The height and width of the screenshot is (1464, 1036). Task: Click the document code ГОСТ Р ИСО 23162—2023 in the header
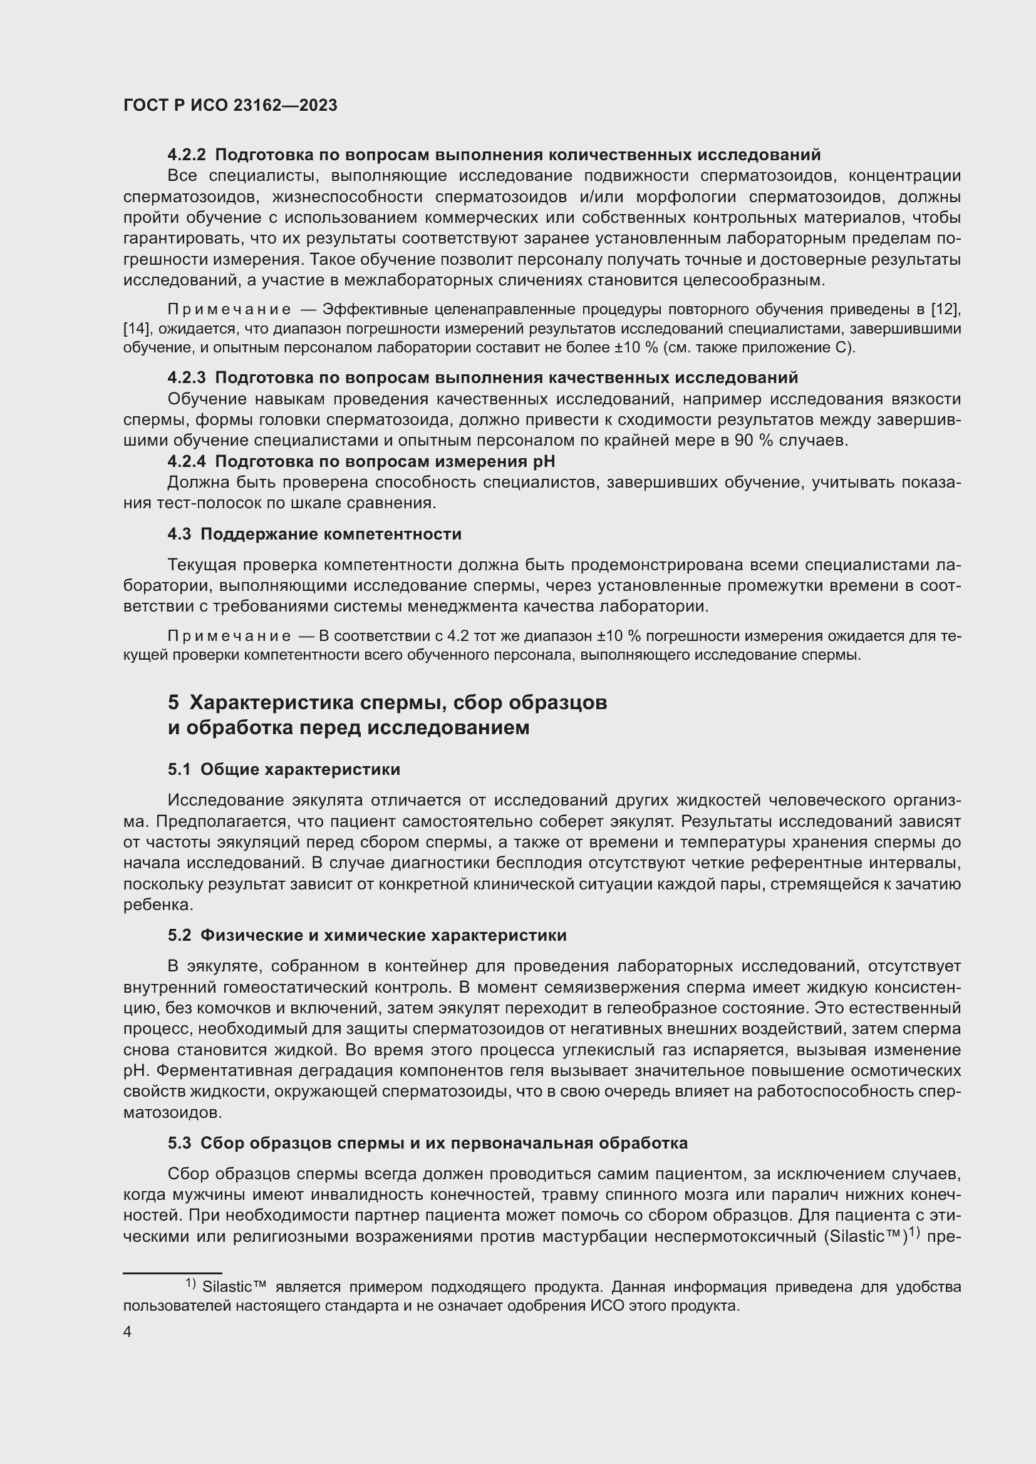231,106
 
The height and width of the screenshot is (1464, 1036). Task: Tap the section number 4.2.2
186,155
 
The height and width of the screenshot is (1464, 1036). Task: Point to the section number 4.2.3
186,377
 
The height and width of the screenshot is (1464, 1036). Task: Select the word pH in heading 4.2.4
544,461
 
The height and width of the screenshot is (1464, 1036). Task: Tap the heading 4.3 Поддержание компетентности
314,534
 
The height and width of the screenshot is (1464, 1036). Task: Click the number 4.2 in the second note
458,636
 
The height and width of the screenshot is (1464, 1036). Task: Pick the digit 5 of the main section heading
174,702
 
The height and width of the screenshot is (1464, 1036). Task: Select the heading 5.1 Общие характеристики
284,769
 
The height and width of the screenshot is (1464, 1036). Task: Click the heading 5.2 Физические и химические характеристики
367,935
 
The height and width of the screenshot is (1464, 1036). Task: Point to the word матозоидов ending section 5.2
172,1113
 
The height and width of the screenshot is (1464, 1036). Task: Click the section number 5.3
179,1144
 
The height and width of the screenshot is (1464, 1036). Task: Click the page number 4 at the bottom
128,1333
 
